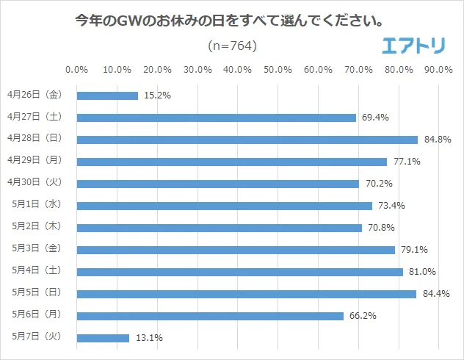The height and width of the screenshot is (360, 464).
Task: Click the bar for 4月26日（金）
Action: pos(107,96)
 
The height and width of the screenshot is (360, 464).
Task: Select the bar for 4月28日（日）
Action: pos(247,140)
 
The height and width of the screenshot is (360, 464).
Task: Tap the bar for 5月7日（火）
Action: pos(103,338)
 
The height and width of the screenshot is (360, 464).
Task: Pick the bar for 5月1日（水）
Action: pos(224,206)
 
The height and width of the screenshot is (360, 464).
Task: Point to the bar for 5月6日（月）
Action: pos(210,316)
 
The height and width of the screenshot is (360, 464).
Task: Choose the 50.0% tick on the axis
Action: pos(278,70)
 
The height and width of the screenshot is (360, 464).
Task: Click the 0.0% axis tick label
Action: pos(77,70)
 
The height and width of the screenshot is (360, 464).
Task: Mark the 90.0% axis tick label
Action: pos(438,70)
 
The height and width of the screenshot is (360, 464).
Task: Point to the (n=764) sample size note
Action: pos(233,46)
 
